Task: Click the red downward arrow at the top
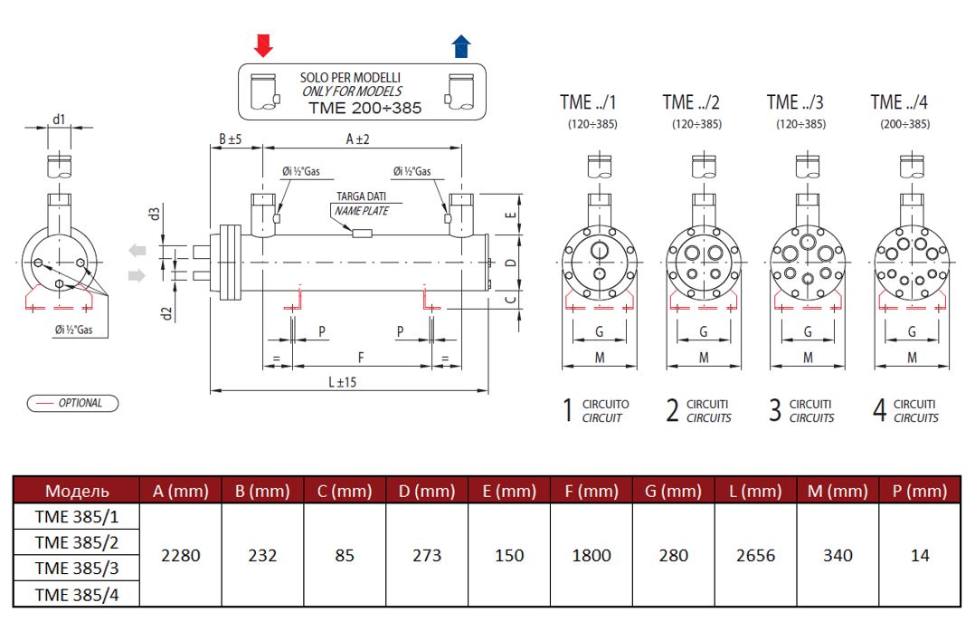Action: pyautogui.click(x=263, y=45)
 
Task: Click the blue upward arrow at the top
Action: pyautogui.click(x=461, y=45)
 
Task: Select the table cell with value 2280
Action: pyautogui.click(x=181, y=555)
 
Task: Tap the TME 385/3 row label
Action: pyautogui.click(x=77, y=568)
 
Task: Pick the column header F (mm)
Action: pyautogui.click(x=592, y=491)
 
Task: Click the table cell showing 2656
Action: pyautogui.click(x=755, y=555)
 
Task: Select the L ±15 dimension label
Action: pyautogui.click(x=342, y=382)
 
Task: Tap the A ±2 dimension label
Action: pyautogui.click(x=358, y=139)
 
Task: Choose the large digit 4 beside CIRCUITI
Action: pyautogui.click(x=879, y=411)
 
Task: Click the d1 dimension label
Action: pyautogui.click(x=59, y=119)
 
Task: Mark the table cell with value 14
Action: pyautogui.click(x=920, y=555)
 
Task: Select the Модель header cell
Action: pyautogui.click(x=77, y=491)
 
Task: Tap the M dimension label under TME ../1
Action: pyautogui.click(x=599, y=359)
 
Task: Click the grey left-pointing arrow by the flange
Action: pyautogui.click(x=137, y=251)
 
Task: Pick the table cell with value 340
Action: pyautogui.click(x=838, y=555)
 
